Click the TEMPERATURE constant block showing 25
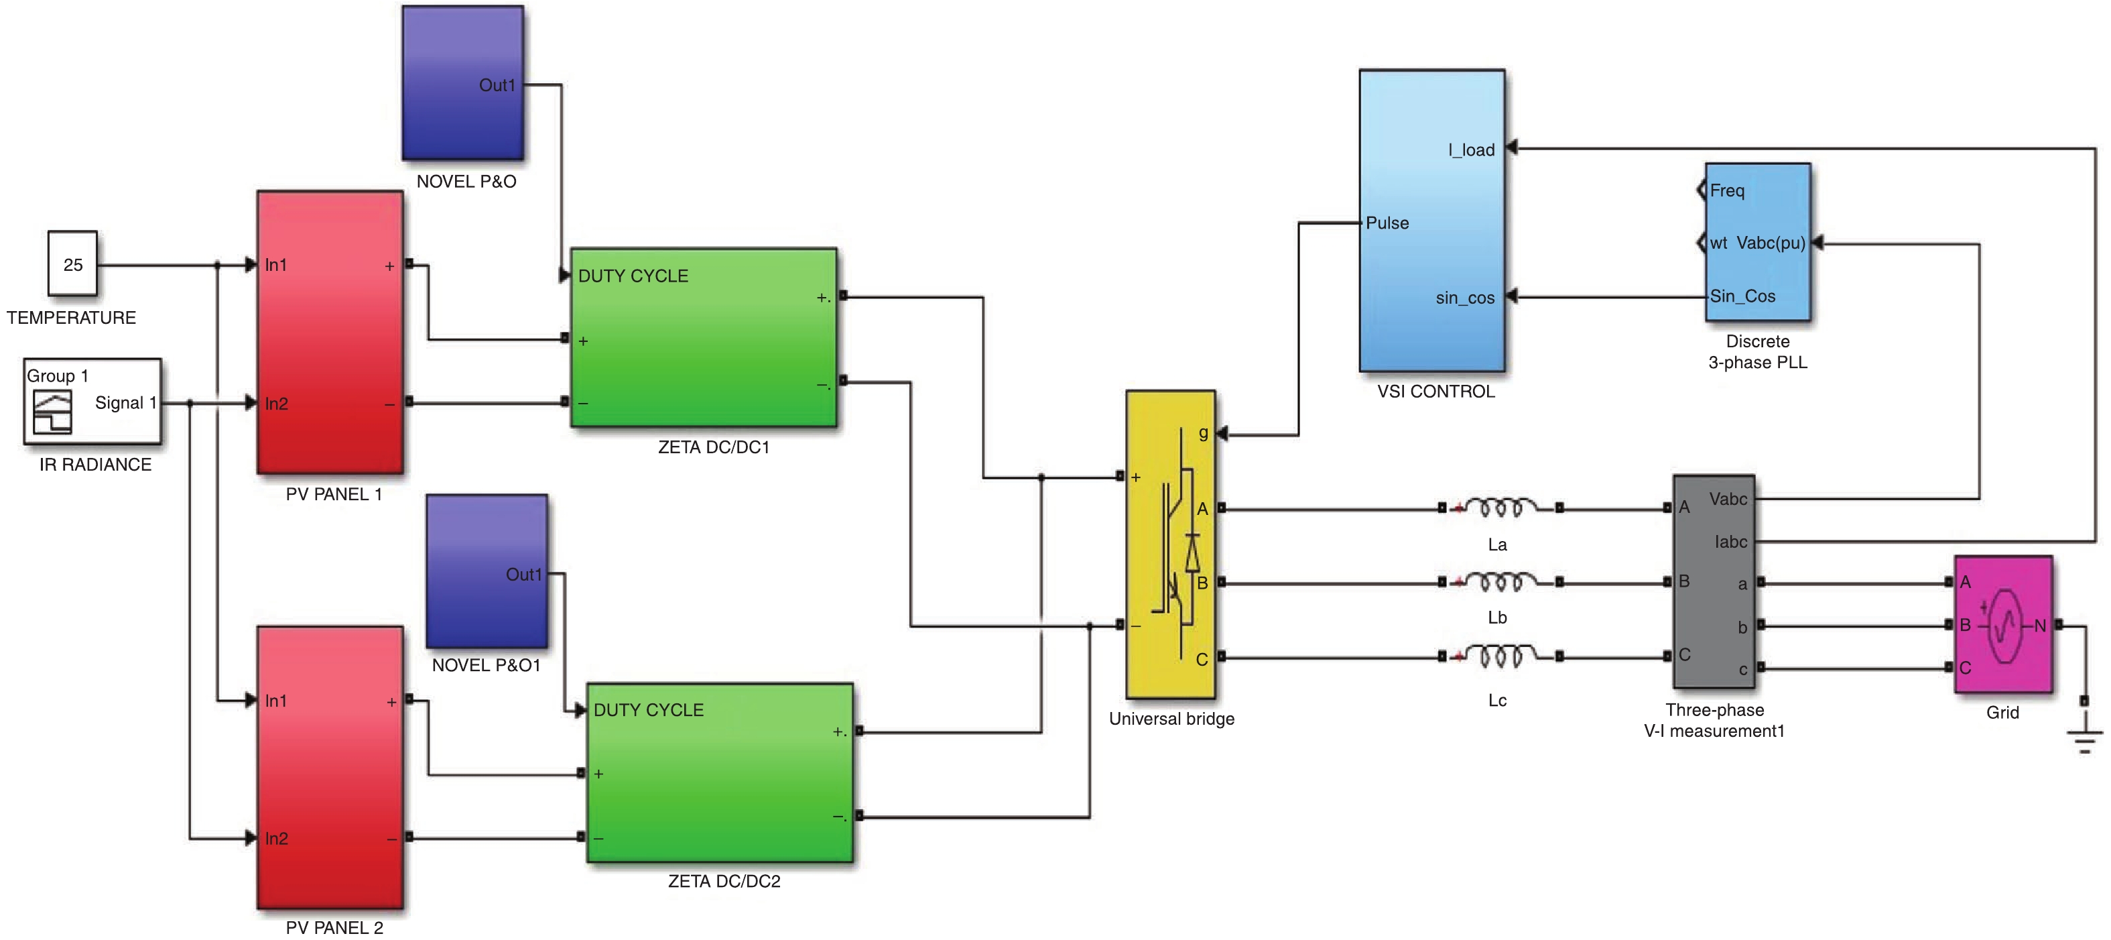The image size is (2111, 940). tap(72, 264)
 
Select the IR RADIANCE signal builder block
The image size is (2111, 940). tap(92, 402)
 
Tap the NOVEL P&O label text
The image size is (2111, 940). tap(466, 182)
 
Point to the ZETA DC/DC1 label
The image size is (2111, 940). tap(714, 447)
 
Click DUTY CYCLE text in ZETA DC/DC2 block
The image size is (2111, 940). tap(648, 710)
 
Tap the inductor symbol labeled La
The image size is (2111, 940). tap(1500, 509)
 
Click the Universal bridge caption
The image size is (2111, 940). tap(1171, 719)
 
